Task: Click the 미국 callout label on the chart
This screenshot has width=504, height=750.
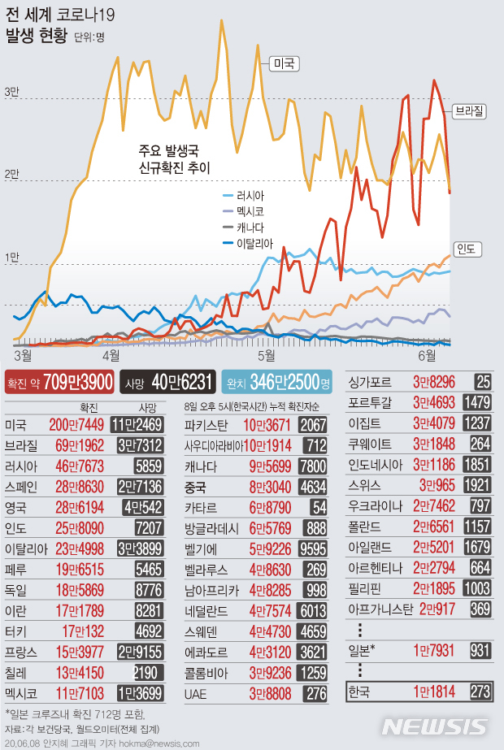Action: click(x=284, y=63)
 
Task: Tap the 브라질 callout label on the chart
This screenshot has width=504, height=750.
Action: click(x=469, y=108)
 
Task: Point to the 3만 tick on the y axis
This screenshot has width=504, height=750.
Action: click(x=11, y=92)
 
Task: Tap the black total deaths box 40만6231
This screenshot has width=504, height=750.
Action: click(x=168, y=381)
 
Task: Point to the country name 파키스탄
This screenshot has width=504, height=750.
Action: click(x=206, y=425)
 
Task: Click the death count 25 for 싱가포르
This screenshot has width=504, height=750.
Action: click(x=483, y=380)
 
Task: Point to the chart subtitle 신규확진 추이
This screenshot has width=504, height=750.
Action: click(x=174, y=168)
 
